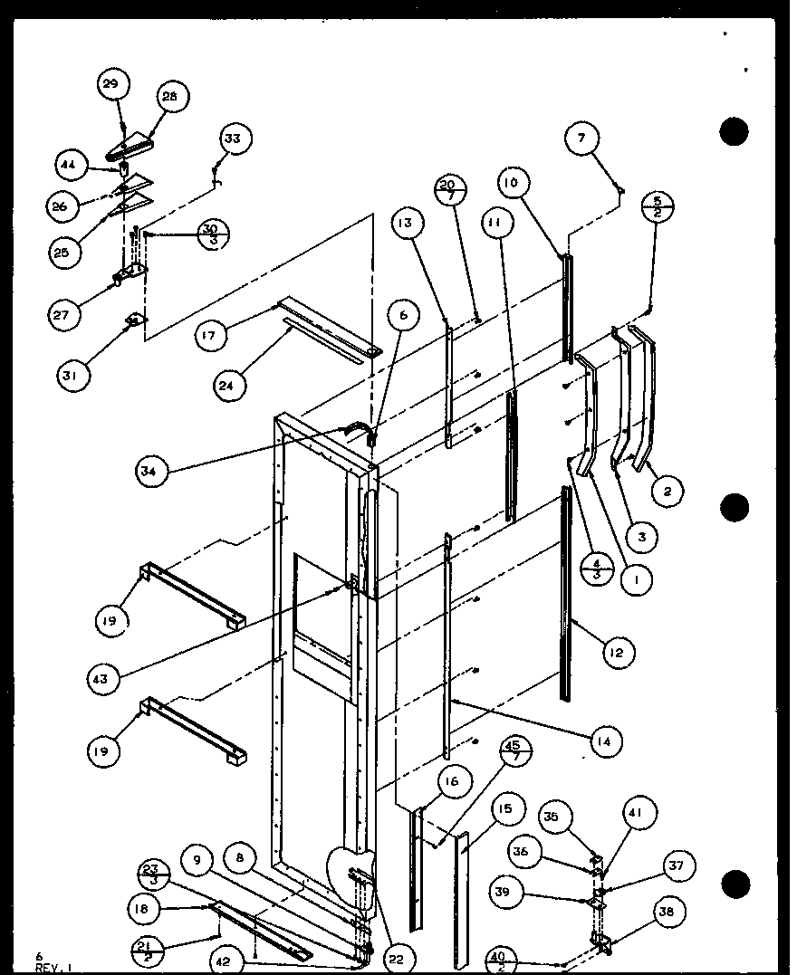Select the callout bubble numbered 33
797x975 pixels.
coord(234,139)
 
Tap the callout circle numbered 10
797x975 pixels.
coord(514,185)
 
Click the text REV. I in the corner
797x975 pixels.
coord(47,968)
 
